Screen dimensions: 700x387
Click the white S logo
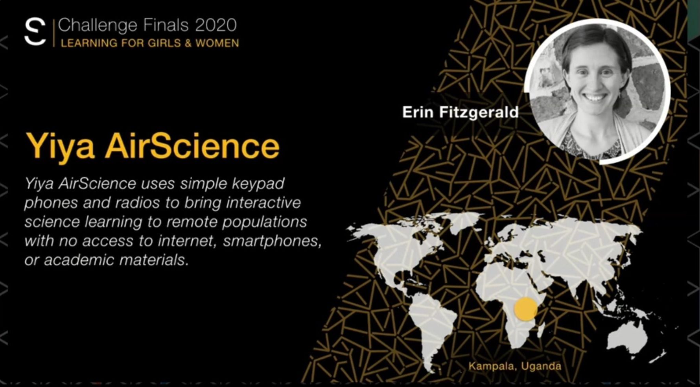pyautogui.click(x=35, y=31)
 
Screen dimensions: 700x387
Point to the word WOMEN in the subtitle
pyautogui.click(x=217, y=43)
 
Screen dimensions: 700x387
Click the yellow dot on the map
pyautogui.click(x=526, y=309)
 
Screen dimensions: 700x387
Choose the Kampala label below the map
pyautogui.click(x=492, y=367)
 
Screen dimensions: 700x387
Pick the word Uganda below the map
pyautogui.click(x=541, y=366)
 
